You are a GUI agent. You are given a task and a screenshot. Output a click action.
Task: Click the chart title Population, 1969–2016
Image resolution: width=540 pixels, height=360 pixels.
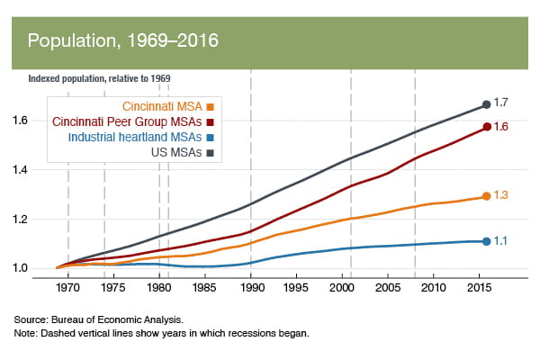[122, 41]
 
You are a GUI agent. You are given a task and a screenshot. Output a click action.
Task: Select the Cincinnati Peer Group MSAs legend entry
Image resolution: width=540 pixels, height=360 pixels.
[133, 120]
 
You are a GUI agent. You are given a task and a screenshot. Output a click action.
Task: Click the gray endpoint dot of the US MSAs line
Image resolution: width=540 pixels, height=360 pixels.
[486, 104]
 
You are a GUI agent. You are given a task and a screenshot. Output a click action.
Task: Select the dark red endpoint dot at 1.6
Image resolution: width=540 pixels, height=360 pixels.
[486, 127]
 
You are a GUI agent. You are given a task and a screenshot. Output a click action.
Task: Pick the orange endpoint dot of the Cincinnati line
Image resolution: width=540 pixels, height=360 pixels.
[486, 196]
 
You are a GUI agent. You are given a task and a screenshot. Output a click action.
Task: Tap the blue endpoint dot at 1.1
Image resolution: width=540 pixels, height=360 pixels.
[486, 241]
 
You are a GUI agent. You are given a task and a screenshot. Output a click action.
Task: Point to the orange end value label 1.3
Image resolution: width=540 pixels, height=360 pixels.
[502, 195]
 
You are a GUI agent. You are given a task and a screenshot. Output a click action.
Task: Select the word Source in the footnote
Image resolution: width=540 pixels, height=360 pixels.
[29, 319]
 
